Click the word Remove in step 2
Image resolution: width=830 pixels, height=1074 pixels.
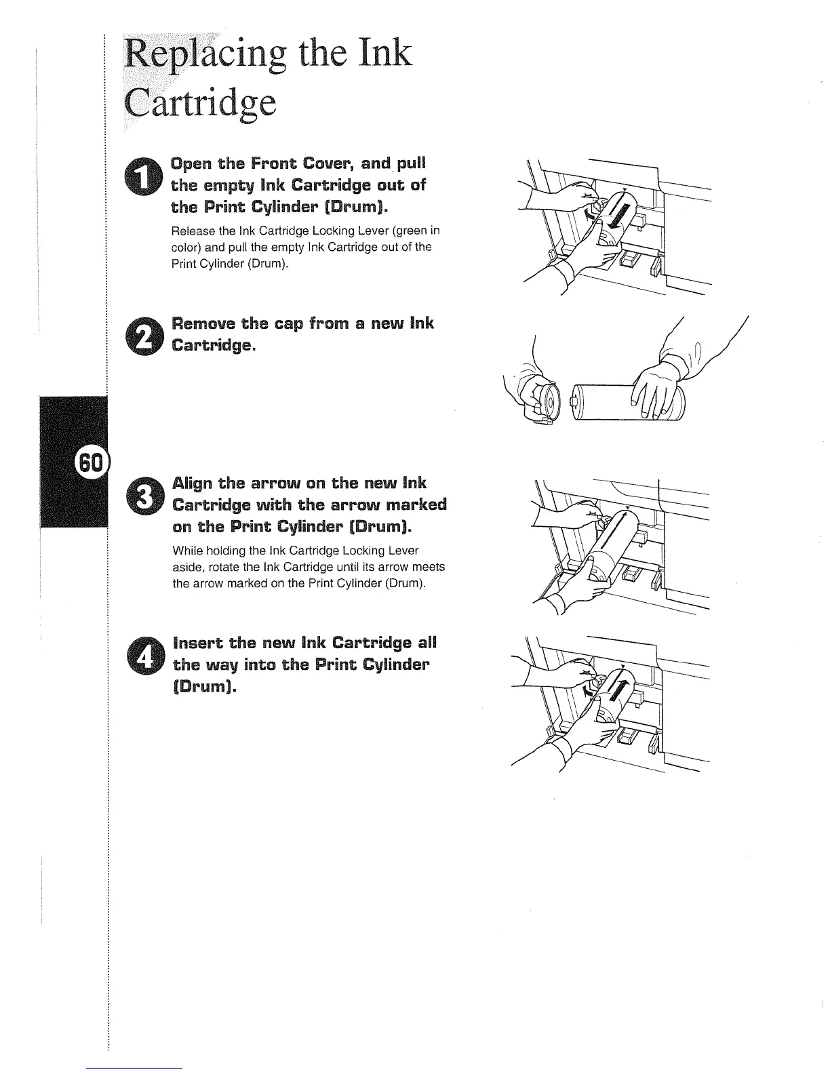(x=203, y=323)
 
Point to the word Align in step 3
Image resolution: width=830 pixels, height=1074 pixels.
(x=192, y=483)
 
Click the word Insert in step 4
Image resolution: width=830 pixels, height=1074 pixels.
(x=199, y=642)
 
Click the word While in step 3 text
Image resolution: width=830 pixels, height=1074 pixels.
(x=186, y=550)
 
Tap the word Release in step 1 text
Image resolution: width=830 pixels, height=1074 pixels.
(x=192, y=231)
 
